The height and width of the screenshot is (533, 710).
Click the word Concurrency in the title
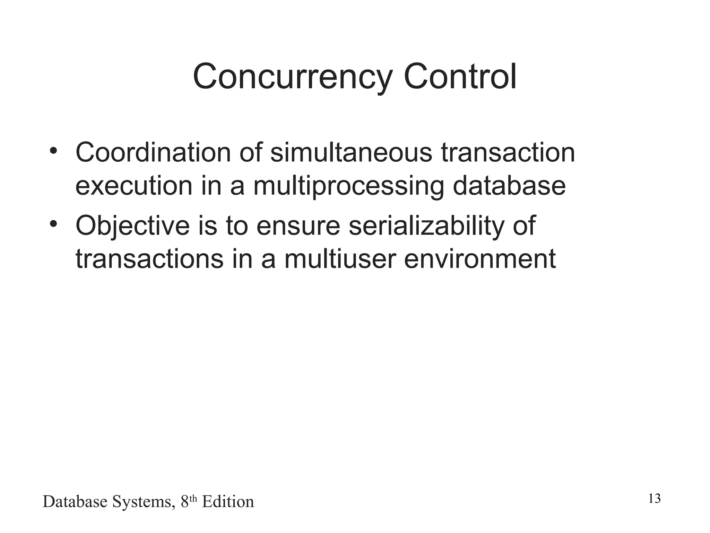coord(292,77)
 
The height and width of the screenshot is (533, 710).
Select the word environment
coord(480,259)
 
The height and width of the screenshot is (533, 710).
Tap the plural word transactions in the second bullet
coord(149,259)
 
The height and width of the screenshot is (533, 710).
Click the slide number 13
coord(654,499)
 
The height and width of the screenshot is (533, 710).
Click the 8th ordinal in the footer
coord(189,501)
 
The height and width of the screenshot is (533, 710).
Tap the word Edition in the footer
coord(228,502)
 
